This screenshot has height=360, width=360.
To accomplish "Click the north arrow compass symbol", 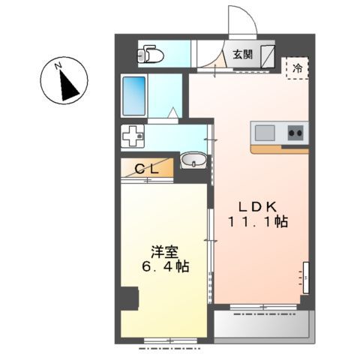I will tap(65, 82).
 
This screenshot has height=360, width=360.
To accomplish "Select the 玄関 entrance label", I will tap(241, 54).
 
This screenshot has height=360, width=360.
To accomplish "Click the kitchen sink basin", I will tap(265, 133).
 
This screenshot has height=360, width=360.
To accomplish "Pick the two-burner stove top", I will tap(294, 133).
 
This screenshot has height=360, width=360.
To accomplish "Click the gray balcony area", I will tap(262, 325).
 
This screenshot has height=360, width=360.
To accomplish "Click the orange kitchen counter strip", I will tap(279, 148).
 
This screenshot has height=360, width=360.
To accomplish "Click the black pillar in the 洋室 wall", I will tap(130, 298).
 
